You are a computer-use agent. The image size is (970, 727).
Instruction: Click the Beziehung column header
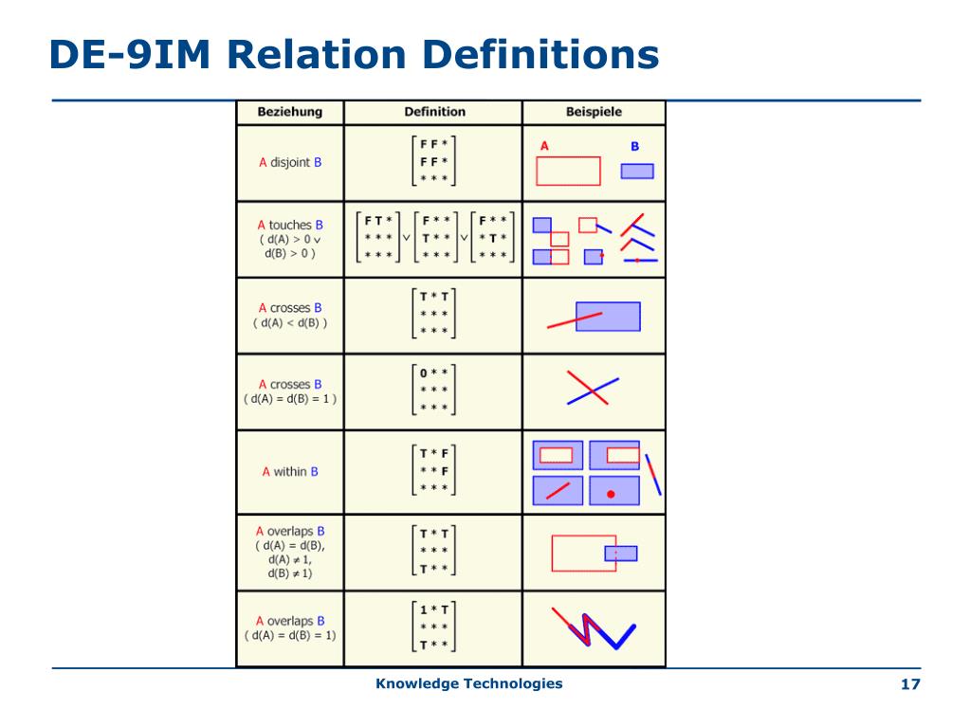(289, 112)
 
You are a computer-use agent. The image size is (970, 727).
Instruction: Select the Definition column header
(434, 112)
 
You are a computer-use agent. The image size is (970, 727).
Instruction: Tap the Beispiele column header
(594, 112)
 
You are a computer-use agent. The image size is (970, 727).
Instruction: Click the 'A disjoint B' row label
(289, 162)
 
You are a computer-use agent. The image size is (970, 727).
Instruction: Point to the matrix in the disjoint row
(434, 162)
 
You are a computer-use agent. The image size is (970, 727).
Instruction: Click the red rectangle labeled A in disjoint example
(568, 171)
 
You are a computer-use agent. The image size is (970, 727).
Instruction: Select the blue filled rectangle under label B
(637, 172)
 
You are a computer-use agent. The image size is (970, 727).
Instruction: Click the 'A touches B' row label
(289, 226)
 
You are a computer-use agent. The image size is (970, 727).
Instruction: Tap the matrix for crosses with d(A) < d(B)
(434, 314)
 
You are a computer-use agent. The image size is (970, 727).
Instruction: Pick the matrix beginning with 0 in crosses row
(434, 390)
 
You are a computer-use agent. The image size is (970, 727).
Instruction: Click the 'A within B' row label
(289, 471)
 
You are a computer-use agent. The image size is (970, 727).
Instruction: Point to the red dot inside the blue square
(611, 494)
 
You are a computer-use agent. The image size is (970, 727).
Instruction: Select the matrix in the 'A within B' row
(434, 471)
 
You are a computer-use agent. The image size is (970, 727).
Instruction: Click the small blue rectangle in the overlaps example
(621, 554)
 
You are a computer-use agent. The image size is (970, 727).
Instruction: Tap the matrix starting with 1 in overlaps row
(434, 627)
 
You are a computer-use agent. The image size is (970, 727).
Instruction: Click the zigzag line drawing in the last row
(593, 628)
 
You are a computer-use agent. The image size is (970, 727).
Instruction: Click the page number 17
(910, 684)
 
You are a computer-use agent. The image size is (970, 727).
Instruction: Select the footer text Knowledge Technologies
(468, 683)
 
